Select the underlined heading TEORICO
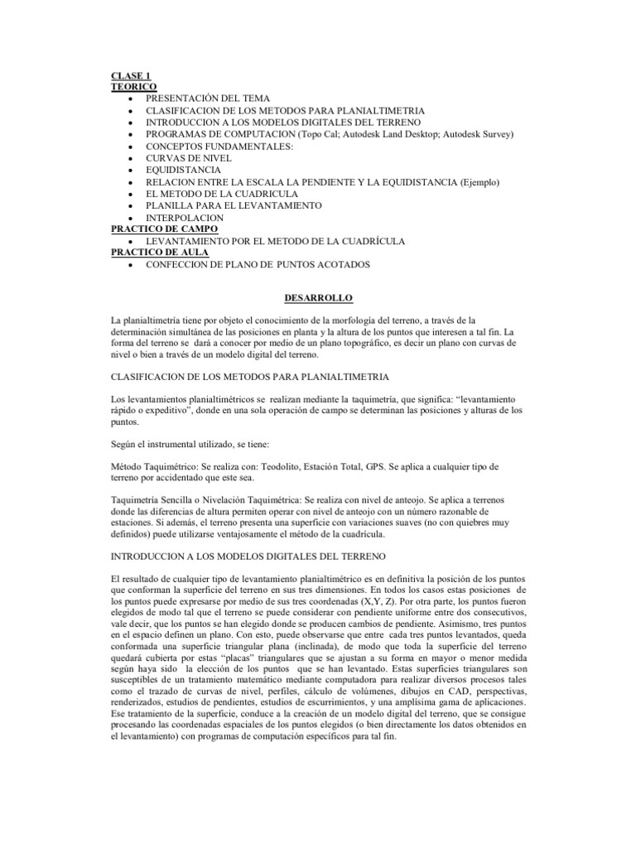click(134, 86)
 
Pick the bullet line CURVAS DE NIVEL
click(189, 157)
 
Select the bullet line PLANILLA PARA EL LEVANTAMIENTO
click(231, 205)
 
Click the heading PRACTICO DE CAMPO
click(165, 229)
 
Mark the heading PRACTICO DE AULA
click(160, 253)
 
